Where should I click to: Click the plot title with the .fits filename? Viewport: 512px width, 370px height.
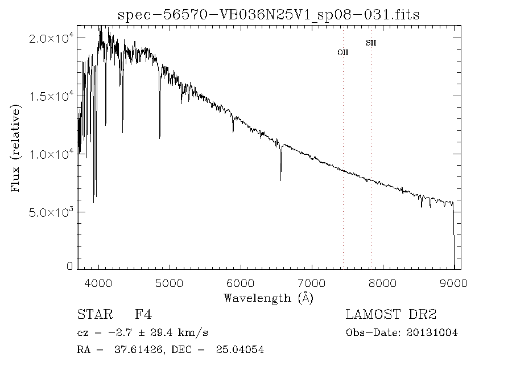click(268, 15)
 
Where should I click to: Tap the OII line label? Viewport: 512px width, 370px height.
click(342, 52)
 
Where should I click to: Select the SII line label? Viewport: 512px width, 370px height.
click(371, 43)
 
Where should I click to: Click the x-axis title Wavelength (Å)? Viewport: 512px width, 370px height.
click(269, 297)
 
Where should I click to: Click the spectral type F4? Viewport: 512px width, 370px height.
click(143, 315)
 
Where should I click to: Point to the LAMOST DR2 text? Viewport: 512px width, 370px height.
click(391, 315)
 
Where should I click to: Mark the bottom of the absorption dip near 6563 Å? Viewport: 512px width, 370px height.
click(280, 180)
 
